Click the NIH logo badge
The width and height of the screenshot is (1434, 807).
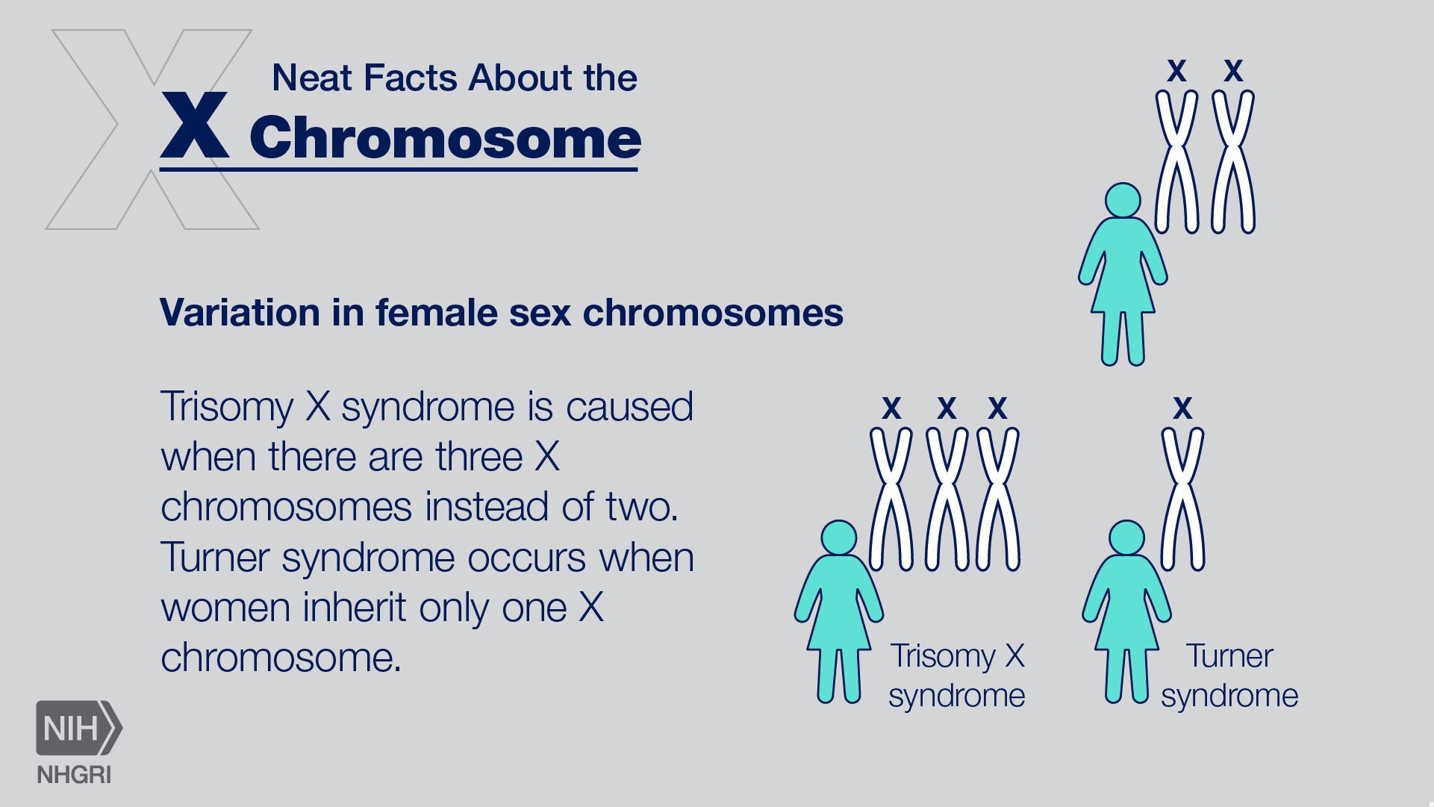pos(78,728)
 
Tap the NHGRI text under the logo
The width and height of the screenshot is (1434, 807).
pos(74,775)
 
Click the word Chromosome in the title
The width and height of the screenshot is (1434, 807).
pos(445,139)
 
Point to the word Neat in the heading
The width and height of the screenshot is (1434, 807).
pos(312,78)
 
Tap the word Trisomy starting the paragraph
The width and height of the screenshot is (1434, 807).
pos(227,408)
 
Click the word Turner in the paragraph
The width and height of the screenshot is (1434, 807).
pos(214,558)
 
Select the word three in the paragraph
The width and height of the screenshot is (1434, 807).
pos(478,457)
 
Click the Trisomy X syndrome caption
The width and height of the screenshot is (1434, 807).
pos(957,676)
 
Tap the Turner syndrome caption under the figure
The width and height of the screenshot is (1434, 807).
pos(1229,676)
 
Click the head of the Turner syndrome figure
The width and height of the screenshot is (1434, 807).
pos(1126,538)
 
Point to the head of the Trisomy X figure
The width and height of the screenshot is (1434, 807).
pos(838,538)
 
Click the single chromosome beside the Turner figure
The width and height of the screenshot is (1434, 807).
pos(1182,499)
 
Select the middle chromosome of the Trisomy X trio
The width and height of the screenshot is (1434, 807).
pos(947,499)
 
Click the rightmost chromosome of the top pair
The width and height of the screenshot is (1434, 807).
pos(1232,161)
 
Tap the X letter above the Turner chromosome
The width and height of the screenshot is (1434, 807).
pos(1182,408)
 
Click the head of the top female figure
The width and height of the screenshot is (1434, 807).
pos(1123,200)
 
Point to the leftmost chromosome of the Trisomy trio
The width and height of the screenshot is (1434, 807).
pos(891,499)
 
